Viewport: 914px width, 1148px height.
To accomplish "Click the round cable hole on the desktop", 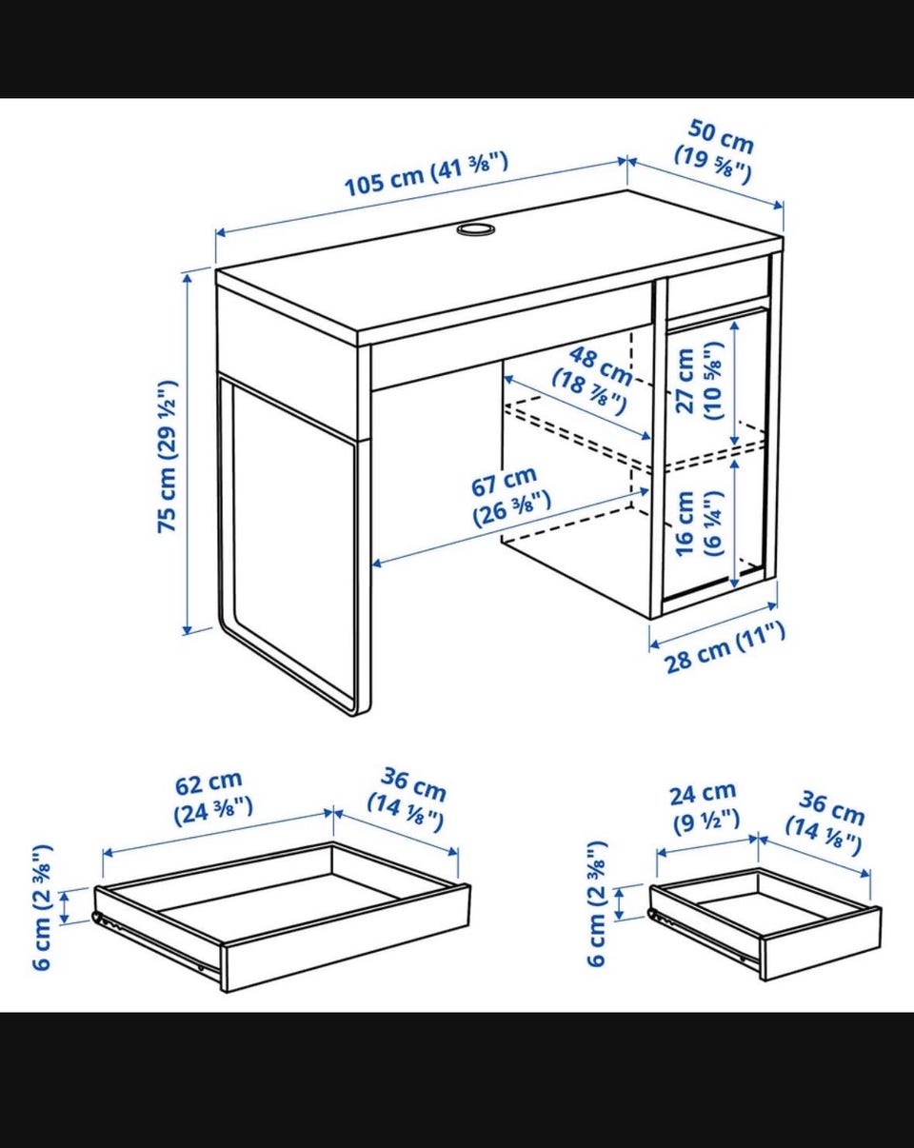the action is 476,229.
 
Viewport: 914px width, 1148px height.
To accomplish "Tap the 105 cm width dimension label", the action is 426,174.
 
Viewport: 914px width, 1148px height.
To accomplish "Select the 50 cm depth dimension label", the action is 715,151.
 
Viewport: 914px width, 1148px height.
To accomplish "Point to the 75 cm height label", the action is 168,456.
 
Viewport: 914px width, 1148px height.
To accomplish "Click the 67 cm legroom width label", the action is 509,497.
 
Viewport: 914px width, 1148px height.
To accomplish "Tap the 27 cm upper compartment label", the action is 699,381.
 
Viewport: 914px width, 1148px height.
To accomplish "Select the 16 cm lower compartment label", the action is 699,524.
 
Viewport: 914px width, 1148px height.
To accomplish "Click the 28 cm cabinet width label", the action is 725,647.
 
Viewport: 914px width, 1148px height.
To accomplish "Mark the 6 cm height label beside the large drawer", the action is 43,906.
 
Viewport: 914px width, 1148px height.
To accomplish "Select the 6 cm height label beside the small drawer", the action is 597,903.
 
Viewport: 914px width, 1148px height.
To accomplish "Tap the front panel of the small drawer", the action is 821,942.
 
